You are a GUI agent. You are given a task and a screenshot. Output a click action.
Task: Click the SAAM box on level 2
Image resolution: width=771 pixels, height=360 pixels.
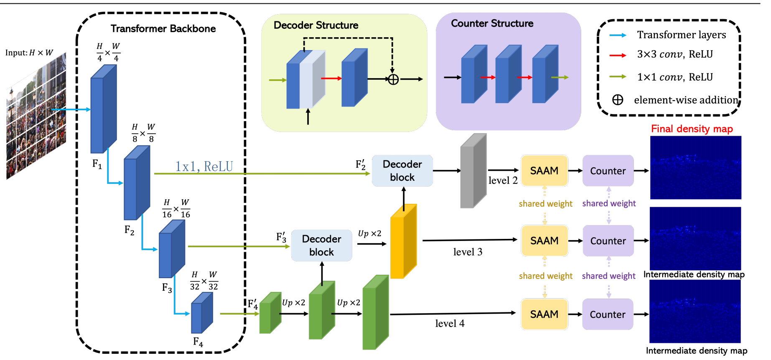[x=544, y=170]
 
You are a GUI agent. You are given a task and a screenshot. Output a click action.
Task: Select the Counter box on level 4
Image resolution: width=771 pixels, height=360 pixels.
[x=608, y=314]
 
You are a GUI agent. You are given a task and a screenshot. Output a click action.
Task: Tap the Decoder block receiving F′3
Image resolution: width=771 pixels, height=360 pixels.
[x=321, y=245]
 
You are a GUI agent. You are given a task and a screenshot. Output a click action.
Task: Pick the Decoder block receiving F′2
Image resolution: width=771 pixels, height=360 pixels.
[x=402, y=170]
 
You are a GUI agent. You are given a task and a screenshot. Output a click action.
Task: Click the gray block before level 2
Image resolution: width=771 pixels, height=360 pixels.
[x=473, y=171]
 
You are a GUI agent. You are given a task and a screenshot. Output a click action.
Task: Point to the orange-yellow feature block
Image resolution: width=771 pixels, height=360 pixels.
[x=403, y=241]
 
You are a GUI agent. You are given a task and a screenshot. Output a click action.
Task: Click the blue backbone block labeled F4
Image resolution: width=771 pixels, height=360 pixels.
[x=201, y=313]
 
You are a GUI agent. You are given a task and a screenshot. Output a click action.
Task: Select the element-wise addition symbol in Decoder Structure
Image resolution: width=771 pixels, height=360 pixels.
[x=393, y=79]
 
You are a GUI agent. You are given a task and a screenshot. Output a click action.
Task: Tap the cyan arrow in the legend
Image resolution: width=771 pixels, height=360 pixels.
[x=618, y=35]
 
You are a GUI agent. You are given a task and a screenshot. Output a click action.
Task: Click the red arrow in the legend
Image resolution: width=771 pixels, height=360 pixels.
[x=618, y=55]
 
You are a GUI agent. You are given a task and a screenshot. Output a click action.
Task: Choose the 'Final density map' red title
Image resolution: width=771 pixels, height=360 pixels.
[x=692, y=129]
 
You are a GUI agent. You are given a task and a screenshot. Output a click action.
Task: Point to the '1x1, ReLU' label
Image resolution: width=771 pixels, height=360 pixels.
[x=204, y=166]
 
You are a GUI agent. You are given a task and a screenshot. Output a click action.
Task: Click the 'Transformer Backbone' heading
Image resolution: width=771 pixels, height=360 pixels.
[x=163, y=28]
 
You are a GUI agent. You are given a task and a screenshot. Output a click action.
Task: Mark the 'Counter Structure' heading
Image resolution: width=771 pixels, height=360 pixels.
[x=492, y=23]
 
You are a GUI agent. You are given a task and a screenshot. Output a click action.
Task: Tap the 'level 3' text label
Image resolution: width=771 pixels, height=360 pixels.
[x=468, y=252]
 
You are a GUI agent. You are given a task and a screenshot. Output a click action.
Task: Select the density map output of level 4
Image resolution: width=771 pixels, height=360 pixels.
[x=695, y=312]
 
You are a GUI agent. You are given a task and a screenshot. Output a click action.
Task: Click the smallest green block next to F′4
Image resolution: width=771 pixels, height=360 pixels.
[x=270, y=313]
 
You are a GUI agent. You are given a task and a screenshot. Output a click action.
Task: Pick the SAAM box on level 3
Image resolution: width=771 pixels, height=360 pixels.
[x=544, y=241]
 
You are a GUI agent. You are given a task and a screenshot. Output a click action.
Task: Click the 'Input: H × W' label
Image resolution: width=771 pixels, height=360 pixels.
[x=29, y=53]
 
